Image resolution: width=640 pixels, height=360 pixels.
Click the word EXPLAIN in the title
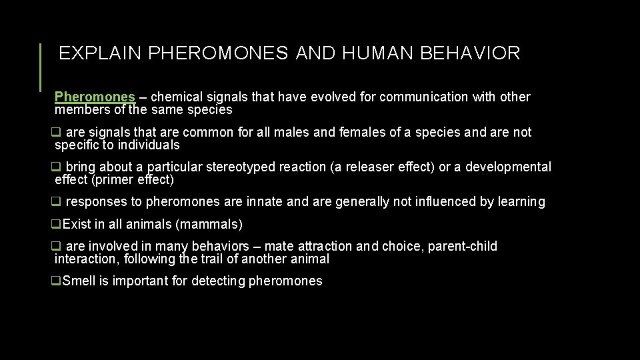pos(101,54)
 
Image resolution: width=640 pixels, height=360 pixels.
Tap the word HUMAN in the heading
pos(378,54)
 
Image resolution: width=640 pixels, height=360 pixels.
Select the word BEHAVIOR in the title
pos(470,54)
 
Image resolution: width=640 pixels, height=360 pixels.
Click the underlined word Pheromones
pos(95,97)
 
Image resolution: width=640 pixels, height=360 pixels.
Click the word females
pos(363,133)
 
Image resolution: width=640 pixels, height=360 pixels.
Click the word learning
pos(520,202)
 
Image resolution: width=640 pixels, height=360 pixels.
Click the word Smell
pos(79,281)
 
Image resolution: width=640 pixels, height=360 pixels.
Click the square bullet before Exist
pos(57,225)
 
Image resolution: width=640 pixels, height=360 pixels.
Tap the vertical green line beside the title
pos(41,67)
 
